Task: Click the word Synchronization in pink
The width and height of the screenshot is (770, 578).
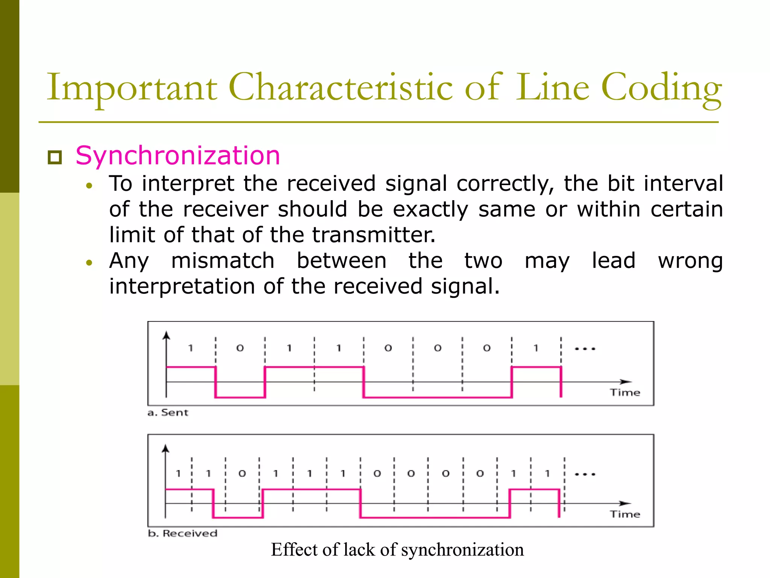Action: pyautogui.click(x=178, y=155)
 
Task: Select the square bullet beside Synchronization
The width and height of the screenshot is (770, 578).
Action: pyautogui.click(x=55, y=157)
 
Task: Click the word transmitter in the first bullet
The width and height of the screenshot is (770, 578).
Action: pyautogui.click(x=374, y=235)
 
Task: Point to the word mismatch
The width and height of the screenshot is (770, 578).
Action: pyautogui.click(x=223, y=261)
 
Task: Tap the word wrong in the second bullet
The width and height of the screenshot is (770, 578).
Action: pyautogui.click(x=690, y=261)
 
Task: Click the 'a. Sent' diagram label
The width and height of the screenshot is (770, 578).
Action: pyautogui.click(x=168, y=413)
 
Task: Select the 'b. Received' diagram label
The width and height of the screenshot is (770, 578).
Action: pyautogui.click(x=182, y=533)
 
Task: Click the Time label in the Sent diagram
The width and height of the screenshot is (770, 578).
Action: pyautogui.click(x=625, y=392)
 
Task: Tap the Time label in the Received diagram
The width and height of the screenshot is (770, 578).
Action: pyautogui.click(x=625, y=514)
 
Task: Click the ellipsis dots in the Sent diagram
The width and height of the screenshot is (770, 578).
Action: pyautogui.click(x=585, y=349)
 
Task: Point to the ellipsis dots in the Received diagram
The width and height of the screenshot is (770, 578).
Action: pyautogui.click(x=585, y=474)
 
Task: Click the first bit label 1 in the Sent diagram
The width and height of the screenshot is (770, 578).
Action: pyautogui.click(x=191, y=348)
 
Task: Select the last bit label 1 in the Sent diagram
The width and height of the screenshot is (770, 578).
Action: pyautogui.click(x=536, y=348)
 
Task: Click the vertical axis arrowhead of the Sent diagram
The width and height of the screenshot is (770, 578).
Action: pyautogui.click(x=166, y=335)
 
